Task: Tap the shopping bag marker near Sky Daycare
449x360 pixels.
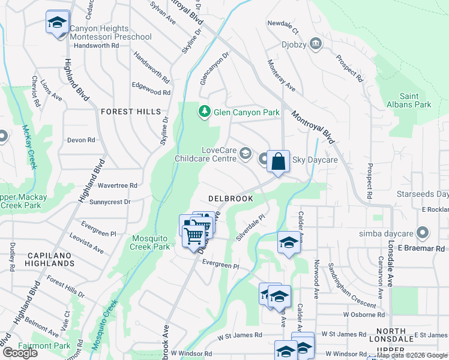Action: pos(278,161)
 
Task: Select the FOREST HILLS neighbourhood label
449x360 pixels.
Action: pos(131,112)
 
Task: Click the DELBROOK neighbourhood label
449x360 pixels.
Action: pos(230,198)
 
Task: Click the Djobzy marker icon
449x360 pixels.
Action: pos(316,44)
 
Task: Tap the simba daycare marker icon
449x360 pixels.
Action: pos(423,232)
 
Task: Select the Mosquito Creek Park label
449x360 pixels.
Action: pos(151,242)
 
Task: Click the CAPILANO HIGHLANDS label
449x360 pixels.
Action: pos(50,259)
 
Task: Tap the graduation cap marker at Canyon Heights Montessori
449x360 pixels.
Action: pos(58,23)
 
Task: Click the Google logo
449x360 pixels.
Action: pos(20,353)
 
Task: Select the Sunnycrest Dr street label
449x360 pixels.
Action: pos(110,202)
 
